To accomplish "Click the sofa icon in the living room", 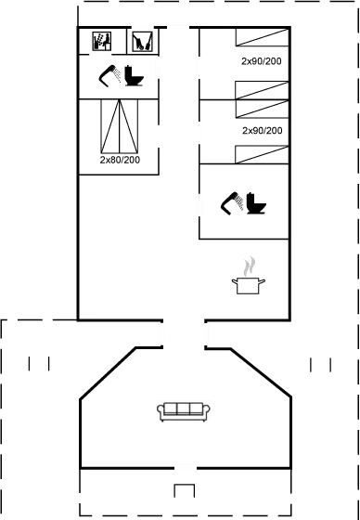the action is pos(183,411).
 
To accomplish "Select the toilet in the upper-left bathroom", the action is pos(135,78).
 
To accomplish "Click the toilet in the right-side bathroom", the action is pos(254,200).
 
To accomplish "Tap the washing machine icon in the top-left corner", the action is pos(102,41).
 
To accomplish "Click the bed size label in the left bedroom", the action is pos(120,160).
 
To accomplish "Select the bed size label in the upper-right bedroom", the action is pos(261,61).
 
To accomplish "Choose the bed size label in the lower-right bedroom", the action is pos(262,131).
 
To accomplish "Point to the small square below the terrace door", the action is pos(184,491).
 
